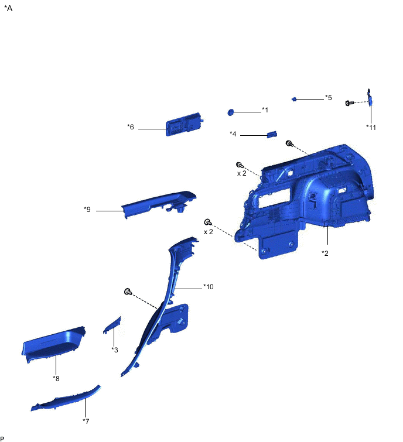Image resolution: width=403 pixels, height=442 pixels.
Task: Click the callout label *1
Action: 265,109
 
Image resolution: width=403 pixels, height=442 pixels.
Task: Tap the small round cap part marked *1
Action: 230,112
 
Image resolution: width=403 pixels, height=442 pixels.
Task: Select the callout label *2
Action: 325,253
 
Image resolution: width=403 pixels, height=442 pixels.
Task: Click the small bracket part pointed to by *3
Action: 112,325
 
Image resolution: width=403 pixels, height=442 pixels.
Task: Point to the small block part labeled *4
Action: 272,134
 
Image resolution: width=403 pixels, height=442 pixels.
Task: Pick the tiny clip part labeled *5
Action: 294,99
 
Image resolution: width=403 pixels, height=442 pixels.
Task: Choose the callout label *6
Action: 130,127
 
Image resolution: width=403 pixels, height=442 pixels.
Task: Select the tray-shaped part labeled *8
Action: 53,344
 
